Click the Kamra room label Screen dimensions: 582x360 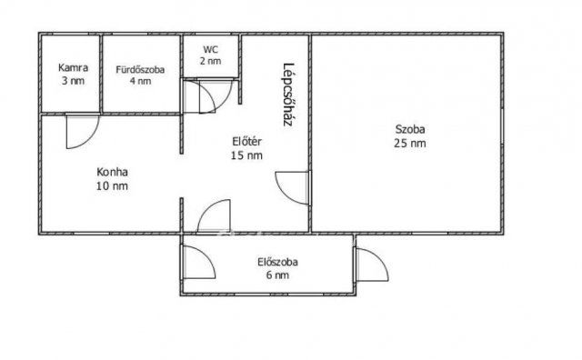73,67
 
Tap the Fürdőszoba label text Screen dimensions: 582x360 140,69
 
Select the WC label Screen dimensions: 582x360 210,49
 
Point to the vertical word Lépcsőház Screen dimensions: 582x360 288,95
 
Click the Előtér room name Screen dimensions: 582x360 246,142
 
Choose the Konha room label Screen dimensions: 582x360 112,172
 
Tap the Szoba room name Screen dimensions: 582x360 410,129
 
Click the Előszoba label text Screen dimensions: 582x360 277,262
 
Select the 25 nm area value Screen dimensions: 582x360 410,143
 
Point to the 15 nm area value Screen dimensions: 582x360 246,155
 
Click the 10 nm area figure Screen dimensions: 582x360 112,185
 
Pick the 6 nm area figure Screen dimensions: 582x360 277,275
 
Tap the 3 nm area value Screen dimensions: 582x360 73,81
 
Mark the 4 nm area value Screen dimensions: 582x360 140,81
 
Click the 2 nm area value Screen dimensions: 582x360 210,61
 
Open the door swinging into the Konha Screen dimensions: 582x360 83,132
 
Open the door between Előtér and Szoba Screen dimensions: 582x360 292,188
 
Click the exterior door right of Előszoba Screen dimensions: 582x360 372,265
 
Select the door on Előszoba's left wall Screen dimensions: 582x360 199,262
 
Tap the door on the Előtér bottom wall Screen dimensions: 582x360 214,216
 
